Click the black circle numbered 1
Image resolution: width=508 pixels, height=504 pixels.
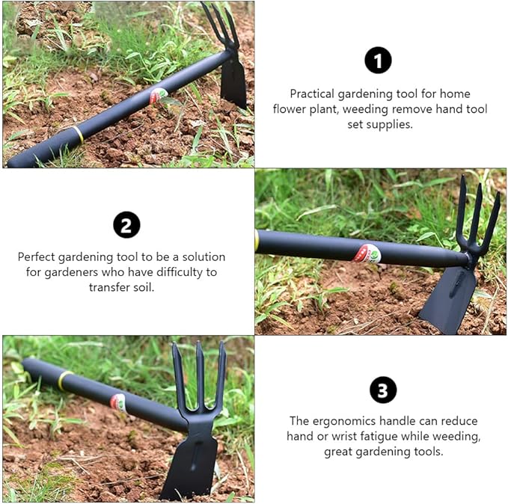[378, 60]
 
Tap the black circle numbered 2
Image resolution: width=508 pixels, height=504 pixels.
[126, 224]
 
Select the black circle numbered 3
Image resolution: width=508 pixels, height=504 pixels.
[383, 390]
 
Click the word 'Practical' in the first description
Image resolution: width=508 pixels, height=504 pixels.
[313, 94]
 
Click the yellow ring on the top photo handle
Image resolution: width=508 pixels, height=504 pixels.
[78, 135]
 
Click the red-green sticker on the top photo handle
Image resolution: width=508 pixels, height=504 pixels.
[159, 96]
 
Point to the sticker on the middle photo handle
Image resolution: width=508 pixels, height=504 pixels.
[367, 253]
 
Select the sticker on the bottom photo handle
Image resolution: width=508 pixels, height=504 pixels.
[118, 402]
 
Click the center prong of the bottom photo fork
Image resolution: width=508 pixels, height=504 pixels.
[199, 374]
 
